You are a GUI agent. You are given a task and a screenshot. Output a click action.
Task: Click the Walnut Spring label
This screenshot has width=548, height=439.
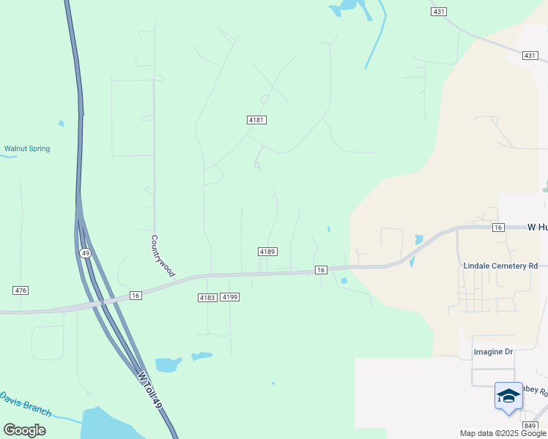(x=27, y=149)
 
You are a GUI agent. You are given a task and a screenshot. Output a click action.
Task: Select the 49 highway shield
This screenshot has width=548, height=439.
(x=86, y=252)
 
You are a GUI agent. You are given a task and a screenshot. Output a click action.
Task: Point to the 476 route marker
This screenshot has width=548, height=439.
(x=21, y=290)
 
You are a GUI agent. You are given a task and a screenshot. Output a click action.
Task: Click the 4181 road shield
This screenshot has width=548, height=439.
(x=256, y=119)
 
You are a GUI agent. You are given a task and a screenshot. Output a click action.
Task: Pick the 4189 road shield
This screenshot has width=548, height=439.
(x=267, y=252)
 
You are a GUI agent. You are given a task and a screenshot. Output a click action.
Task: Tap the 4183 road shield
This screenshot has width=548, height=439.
(x=207, y=297)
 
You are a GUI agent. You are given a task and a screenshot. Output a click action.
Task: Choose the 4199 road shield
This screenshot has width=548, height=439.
(x=230, y=297)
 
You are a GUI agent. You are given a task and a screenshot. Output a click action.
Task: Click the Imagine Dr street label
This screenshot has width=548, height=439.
(x=493, y=352)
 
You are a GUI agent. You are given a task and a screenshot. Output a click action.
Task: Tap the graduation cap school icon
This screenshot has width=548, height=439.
(x=508, y=397)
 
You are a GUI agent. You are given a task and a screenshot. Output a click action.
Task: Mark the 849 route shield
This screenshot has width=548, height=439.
(x=530, y=424)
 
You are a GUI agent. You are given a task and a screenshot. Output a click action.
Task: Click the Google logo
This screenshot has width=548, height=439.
(x=24, y=430)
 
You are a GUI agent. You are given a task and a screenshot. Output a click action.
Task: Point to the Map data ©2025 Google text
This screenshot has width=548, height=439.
(x=503, y=433)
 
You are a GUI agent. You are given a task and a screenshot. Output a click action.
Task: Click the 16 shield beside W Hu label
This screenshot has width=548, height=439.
(x=498, y=228)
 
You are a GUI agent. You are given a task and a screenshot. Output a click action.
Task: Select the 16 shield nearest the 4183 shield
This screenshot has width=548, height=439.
(x=135, y=295)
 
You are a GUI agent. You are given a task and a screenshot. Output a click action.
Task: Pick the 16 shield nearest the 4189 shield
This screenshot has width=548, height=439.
(x=320, y=270)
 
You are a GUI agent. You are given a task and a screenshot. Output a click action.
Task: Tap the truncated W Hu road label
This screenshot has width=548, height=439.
(x=537, y=228)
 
